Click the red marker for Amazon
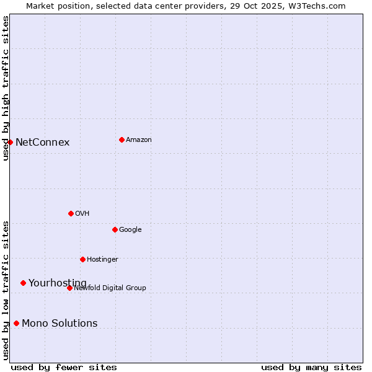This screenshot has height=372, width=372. (x=122, y=139)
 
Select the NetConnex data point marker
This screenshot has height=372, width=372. (x=10, y=142)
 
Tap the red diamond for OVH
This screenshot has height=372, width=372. (x=71, y=213)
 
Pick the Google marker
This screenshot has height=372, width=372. (x=115, y=229)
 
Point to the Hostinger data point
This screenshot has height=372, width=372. (x=82, y=259)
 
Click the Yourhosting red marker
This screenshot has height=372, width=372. (x=23, y=283)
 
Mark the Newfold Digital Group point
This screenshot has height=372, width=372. (x=69, y=288)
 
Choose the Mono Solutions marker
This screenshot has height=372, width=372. (x=16, y=323)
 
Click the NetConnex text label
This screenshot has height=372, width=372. (x=42, y=143)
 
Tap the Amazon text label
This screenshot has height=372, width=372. (x=138, y=140)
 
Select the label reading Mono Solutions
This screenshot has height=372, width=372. (x=60, y=324)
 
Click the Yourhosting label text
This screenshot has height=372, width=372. (x=57, y=283)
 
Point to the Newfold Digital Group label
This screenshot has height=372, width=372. (x=110, y=288)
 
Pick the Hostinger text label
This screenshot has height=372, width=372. (x=102, y=259)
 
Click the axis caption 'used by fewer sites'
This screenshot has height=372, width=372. (x=64, y=367)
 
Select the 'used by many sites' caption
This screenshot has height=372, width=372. (x=311, y=367)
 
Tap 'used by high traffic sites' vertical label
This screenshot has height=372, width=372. (x=6, y=88)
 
